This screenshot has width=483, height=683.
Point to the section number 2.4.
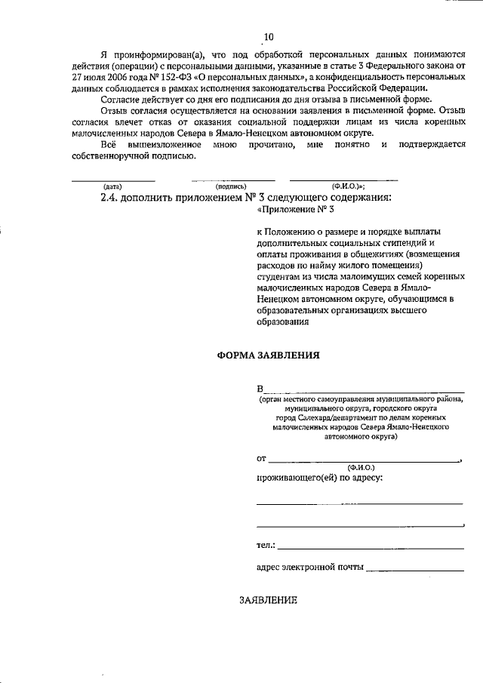(111, 198)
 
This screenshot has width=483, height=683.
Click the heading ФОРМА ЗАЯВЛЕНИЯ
(269, 355)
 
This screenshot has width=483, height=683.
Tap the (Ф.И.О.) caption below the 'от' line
(361, 468)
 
